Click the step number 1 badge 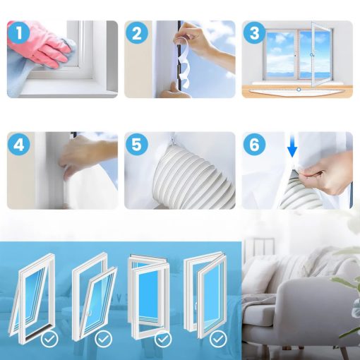[19, 32]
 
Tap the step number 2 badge [137, 32]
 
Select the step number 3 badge [254, 32]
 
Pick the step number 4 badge [19, 144]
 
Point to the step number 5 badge [137, 144]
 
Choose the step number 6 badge [254, 144]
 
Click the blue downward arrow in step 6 [292, 145]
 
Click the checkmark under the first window [49, 339]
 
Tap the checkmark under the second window [103, 339]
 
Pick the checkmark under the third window [163, 339]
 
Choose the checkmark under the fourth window [218, 339]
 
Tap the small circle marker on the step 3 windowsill [299, 90]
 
